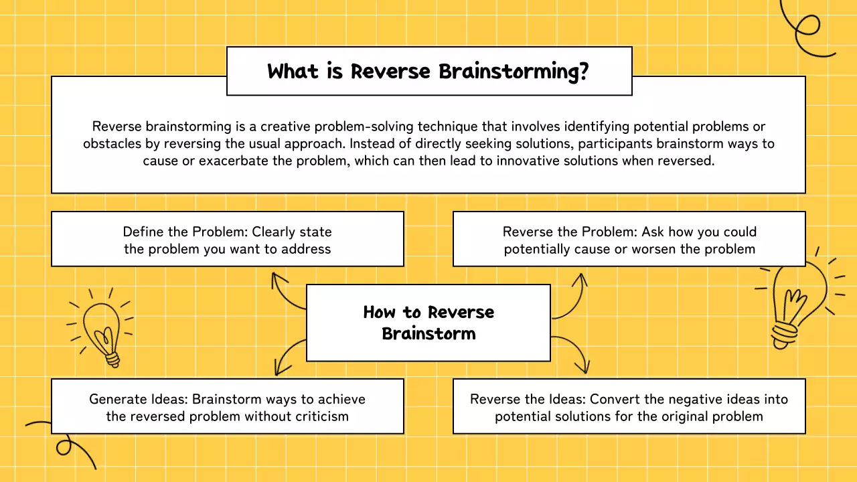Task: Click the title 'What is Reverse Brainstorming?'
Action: pos(428,71)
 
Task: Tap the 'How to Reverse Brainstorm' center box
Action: pos(428,323)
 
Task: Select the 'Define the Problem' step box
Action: pos(228,240)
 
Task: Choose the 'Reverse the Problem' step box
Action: pos(629,240)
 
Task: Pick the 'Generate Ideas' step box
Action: pos(228,407)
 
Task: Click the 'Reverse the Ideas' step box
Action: pos(629,407)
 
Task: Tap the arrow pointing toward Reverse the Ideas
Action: pos(572,351)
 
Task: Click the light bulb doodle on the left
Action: pos(102,328)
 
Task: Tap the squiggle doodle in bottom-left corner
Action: pos(64,442)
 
